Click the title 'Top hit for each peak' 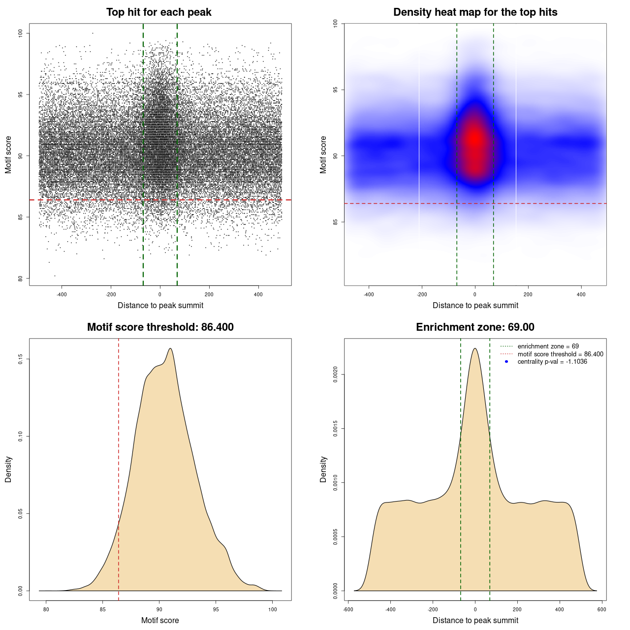coord(158,12)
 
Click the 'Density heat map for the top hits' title coord(475,12)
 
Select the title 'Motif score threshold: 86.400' coord(160,327)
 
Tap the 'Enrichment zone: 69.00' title coord(475,327)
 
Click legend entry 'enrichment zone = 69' coord(548,346)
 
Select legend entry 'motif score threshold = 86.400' coord(560,354)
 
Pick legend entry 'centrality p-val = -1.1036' coord(552,362)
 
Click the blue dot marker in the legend coord(506,362)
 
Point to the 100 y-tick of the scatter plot coord(20,33)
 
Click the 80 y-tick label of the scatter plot coord(20,279)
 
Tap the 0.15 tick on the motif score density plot coord(20,359)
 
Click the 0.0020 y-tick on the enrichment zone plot coord(335,375)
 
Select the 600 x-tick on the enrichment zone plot coord(601,609)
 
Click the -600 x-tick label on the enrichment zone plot coord(348,609)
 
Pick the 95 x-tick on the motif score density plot coord(216,609)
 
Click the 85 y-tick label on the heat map coord(335,222)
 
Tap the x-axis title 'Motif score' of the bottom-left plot coord(160,620)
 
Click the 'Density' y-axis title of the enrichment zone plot coord(323,469)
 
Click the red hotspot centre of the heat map coord(474,139)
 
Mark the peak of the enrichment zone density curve coord(475,348)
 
